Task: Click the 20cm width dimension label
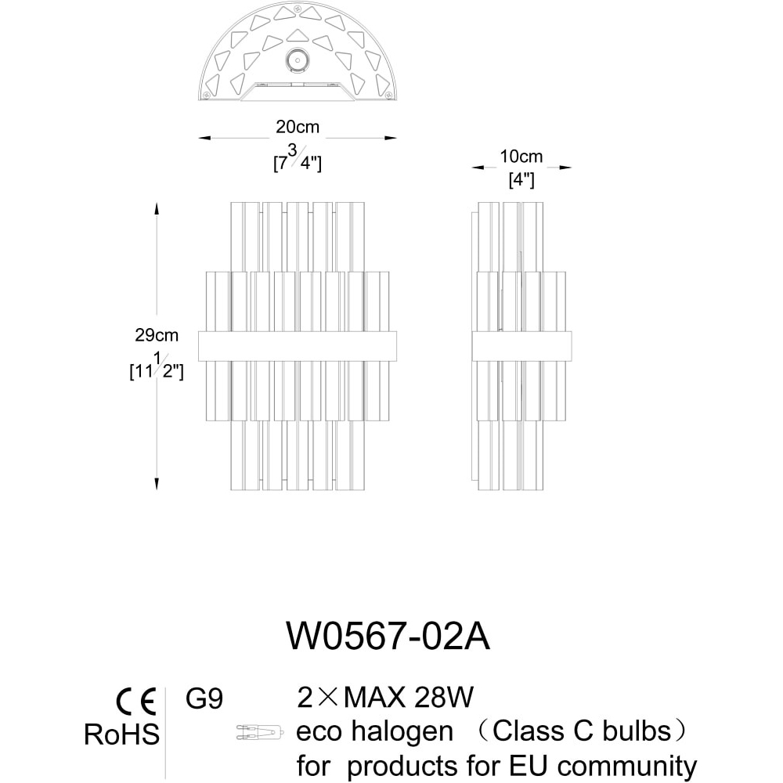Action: pos(298,127)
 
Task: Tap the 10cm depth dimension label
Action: pos(521,157)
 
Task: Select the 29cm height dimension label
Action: pos(157,335)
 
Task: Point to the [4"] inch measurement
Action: pos(521,180)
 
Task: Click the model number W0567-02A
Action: pos(388,636)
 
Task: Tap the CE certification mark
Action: pos(136,702)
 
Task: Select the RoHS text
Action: pos(122,734)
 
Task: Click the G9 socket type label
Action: pos(204,698)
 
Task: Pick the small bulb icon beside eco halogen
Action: pos(260,733)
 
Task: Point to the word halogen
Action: pos(402,733)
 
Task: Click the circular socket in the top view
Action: pos(298,61)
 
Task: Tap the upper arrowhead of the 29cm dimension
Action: pos(157,208)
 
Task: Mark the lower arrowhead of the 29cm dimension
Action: pos(157,483)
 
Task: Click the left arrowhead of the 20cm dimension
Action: pos(204,138)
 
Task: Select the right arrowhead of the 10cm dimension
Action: pos(565,168)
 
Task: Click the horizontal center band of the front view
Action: pos(298,346)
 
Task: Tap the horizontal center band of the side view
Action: pos(521,346)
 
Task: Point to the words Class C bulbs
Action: pos(582,731)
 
